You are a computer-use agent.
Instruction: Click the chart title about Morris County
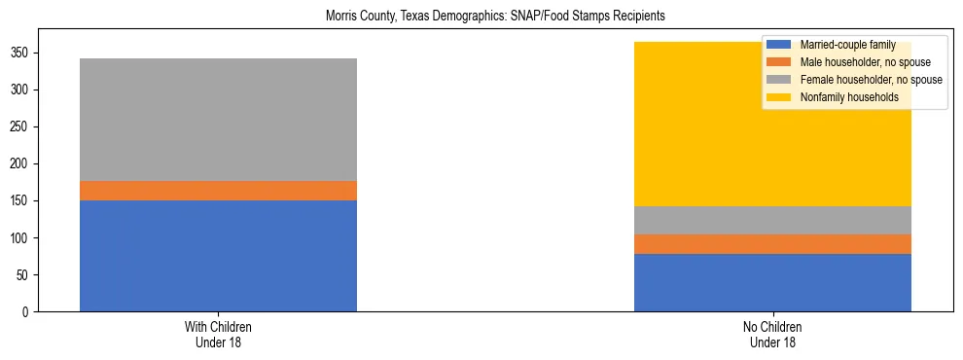pos(481,17)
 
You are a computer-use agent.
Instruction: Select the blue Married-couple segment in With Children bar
pos(218,255)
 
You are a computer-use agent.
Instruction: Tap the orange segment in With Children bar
pos(218,191)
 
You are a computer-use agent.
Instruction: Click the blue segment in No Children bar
pos(772,282)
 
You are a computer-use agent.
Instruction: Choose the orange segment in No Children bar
pos(772,244)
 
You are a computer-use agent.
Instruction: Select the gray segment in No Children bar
pos(772,220)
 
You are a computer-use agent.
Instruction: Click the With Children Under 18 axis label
pos(218,335)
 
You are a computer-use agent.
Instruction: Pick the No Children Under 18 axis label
pos(772,335)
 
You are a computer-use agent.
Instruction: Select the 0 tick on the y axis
pos(28,311)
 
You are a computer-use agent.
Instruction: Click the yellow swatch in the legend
pos(779,97)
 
